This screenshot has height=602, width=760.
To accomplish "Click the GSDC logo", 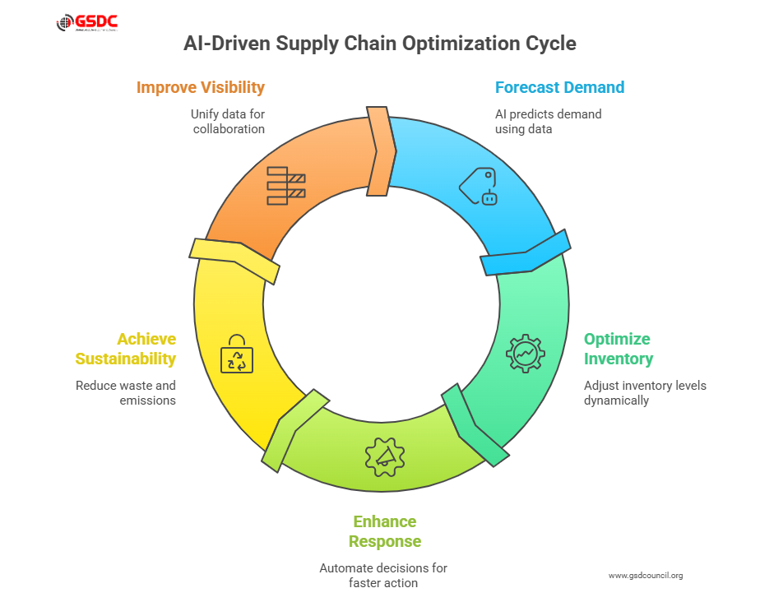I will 86,24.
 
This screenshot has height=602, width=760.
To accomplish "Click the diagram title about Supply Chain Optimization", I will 379,44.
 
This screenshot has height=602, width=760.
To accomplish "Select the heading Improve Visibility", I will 201,87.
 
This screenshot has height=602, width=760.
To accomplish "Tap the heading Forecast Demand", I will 559,87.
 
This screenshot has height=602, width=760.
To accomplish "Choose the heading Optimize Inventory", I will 618,349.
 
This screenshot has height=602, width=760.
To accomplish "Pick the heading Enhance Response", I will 385,531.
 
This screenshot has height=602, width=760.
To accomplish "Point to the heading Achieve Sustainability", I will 126,349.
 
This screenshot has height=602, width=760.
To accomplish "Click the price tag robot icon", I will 479,186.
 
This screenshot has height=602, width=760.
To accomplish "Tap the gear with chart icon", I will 526,353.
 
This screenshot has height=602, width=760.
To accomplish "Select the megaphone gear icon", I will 385,456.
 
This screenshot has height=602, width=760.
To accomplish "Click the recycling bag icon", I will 237,354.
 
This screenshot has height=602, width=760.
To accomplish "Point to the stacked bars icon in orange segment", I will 285,185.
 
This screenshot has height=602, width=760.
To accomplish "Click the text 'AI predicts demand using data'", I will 548,122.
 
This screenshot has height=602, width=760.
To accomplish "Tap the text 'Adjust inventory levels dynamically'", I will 645,392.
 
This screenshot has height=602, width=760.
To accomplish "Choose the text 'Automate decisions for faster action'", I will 383,576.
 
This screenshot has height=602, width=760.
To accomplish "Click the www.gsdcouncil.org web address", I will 646,575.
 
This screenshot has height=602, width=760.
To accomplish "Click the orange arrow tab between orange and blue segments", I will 379,152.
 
